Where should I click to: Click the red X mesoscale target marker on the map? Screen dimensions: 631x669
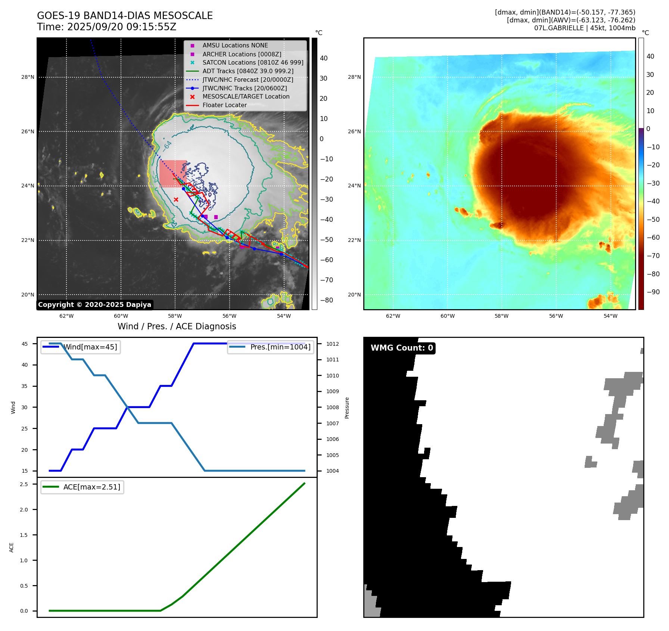click(x=176, y=200)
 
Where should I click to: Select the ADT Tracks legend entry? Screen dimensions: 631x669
click(x=248, y=71)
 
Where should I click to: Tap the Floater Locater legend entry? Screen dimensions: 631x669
click(x=224, y=105)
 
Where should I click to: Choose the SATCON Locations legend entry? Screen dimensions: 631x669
click(x=253, y=62)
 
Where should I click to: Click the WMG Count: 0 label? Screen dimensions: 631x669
click(x=402, y=348)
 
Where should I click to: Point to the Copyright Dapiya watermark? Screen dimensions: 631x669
click(x=94, y=305)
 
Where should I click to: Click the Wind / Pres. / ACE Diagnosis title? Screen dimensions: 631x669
click(x=177, y=326)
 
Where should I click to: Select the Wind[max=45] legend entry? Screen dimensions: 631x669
click(x=90, y=347)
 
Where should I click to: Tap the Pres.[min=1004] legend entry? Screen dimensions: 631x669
click(x=280, y=347)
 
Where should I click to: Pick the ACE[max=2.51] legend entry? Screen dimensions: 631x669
click(x=91, y=487)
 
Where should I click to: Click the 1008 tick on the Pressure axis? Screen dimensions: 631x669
click(x=332, y=407)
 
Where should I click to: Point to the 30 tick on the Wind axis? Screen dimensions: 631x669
click(x=25, y=407)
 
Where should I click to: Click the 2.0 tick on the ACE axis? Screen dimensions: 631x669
click(x=24, y=510)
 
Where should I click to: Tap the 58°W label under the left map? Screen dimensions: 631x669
click(x=175, y=316)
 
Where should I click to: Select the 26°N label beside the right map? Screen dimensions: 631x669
click(x=354, y=131)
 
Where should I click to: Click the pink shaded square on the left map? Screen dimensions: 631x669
click(x=172, y=173)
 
